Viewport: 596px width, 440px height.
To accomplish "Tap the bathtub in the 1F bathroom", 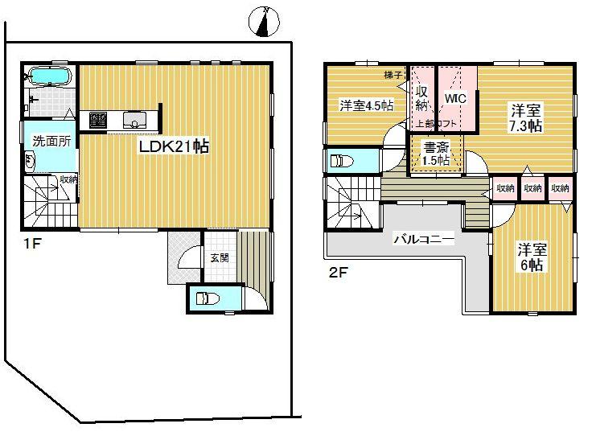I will pyautogui.click(x=50, y=76).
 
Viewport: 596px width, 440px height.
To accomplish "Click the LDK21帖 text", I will pyautogui.click(x=176, y=146).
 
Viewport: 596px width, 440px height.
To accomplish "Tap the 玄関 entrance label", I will pyautogui.click(x=220, y=257).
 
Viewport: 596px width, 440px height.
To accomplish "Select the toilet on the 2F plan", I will pyautogui.click(x=343, y=161).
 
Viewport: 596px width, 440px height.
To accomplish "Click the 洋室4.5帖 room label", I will pyautogui.click(x=365, y=105).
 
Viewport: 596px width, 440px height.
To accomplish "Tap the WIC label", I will pyautogui.click(x=456, y=98).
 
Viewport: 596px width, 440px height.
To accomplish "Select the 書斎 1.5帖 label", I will pyautogui.click(x=436, y=153).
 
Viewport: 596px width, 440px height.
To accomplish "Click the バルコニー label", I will pyautogui.click(x=424, y=240).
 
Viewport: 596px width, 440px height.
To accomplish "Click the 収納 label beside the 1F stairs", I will pyautogui.click(x=68, y=179).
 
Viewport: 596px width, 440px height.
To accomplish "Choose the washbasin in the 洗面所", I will pyautogui.click(x=31, y=161).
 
